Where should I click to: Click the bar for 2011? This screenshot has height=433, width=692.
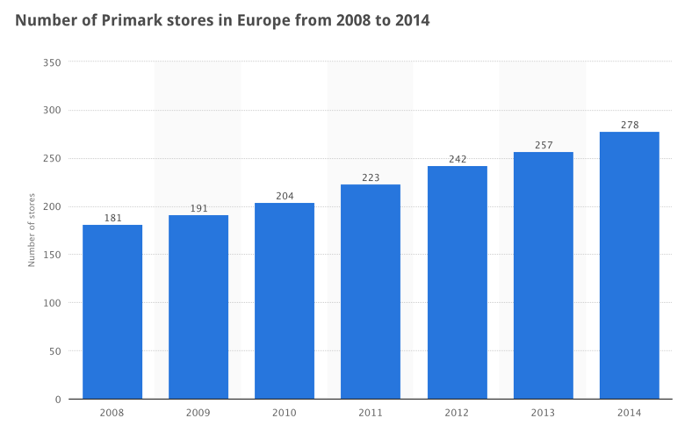pyautogui.click(x=371, y=292)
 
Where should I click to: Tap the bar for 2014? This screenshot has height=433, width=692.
pyautogui.click(x=629, y=265)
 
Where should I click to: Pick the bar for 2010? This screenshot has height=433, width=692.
pyautogui.click(x=285, y=301)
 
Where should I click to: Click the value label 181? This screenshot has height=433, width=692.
pyautogui.click(x=112, y=218)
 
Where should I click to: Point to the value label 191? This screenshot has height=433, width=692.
pyautogui.click(x=198, y=208)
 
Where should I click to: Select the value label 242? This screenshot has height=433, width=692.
pyautogui.click(x=457, y=159)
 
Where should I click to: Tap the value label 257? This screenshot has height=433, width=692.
pyautogui.click(x=544, y=145)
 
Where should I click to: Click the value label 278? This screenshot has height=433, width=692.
pyautogui.click(x=630, y=125)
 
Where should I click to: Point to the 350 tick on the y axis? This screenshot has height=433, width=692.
pyautogui.click(x=52, y=62)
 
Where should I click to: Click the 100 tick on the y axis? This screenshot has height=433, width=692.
pyautogui.click(x=52, y=303)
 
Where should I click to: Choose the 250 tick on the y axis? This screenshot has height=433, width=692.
pyautogui.click(x=52, y=159)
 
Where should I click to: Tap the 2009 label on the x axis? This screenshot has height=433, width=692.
pyautogui.click(x=198, y=412)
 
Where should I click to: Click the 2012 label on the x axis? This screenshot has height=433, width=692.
pyautogui.click(x=457, y=412)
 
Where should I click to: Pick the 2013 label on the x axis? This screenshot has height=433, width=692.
pyautogui.click(x=544, y=412)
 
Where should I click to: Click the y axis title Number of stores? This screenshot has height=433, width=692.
pyautogui.click(x=32, y=230)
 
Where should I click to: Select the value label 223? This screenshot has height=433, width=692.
pyautogui.click(x=371, y=177)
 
